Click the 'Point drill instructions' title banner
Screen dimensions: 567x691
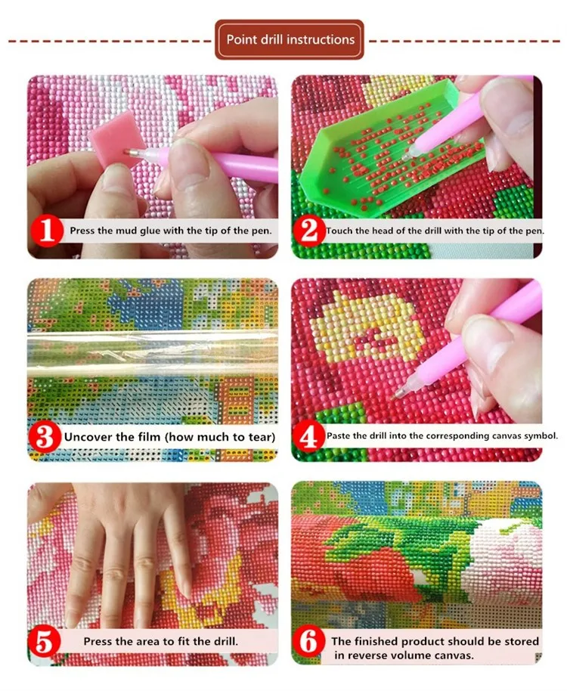coord(290,39)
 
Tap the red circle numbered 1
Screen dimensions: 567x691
coord(46,231)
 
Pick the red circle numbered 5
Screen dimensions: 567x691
coord(45,642)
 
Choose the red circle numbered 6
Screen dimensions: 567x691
coord(308,642)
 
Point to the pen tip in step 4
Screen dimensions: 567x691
coord(398,392)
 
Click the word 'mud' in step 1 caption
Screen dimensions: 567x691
coord(127,231)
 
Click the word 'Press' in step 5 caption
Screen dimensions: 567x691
coord(98,641)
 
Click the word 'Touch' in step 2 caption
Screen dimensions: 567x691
coord(339,231)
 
